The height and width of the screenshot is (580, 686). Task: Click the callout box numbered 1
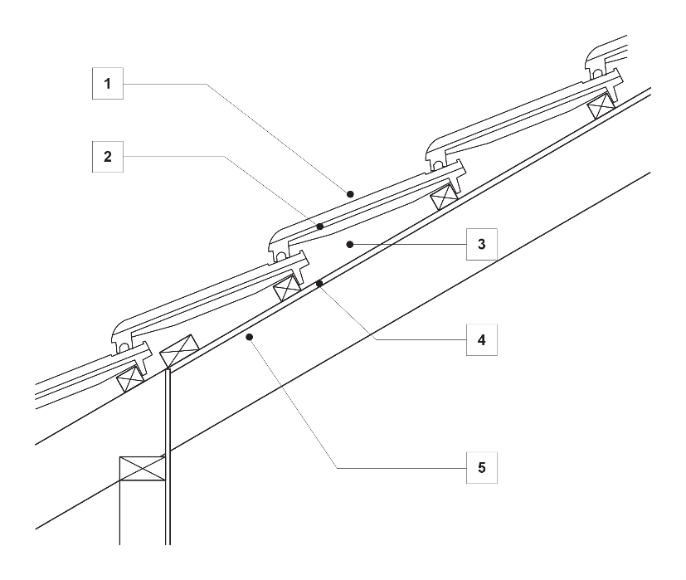point(107,84)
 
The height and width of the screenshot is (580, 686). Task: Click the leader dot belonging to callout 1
point(350,193)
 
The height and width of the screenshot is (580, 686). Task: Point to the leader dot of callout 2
point(319,225)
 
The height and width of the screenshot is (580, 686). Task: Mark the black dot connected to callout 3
point(351,244)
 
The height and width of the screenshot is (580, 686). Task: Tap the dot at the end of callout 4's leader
point(319,284)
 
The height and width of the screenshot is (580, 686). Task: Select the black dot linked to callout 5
point(249,337)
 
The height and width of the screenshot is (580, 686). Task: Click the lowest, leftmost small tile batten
point(131,380)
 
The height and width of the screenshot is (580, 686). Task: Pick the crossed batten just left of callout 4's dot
point(288,288)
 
